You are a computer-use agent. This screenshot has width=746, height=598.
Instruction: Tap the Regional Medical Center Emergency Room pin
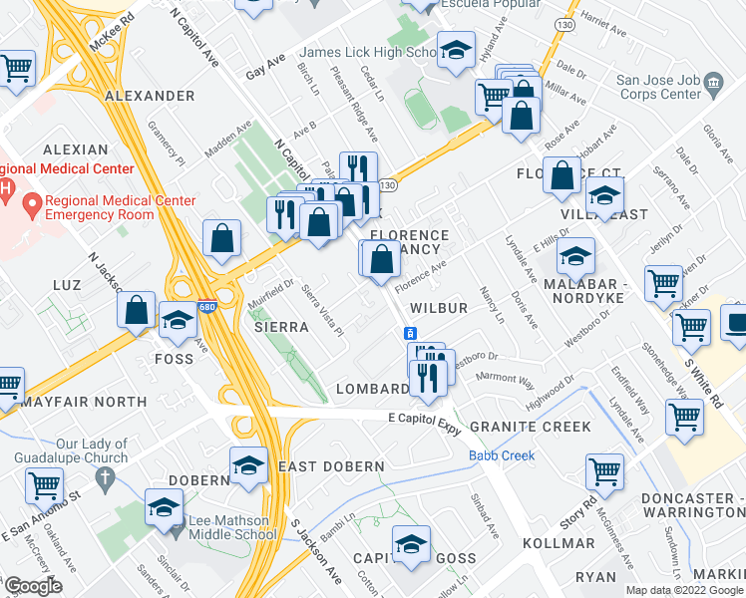pyautogui.click(x=32, y=206)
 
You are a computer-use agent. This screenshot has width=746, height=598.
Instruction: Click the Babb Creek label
pyautogui.click(x=502, y=455)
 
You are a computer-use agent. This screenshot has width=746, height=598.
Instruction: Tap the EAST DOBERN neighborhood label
pyautogui.click(x=331, y=466)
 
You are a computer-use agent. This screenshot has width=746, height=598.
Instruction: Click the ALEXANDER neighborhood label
pyautogui.click(x=149, y=96)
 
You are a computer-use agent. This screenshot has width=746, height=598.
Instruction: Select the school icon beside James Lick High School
pyautogui.click(x=456, y=54)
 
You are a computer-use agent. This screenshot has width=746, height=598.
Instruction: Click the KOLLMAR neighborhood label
pyautogui.click(x=563, y=543)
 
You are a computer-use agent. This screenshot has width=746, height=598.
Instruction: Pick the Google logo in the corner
pyautogui.click(x=33, y=586)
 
